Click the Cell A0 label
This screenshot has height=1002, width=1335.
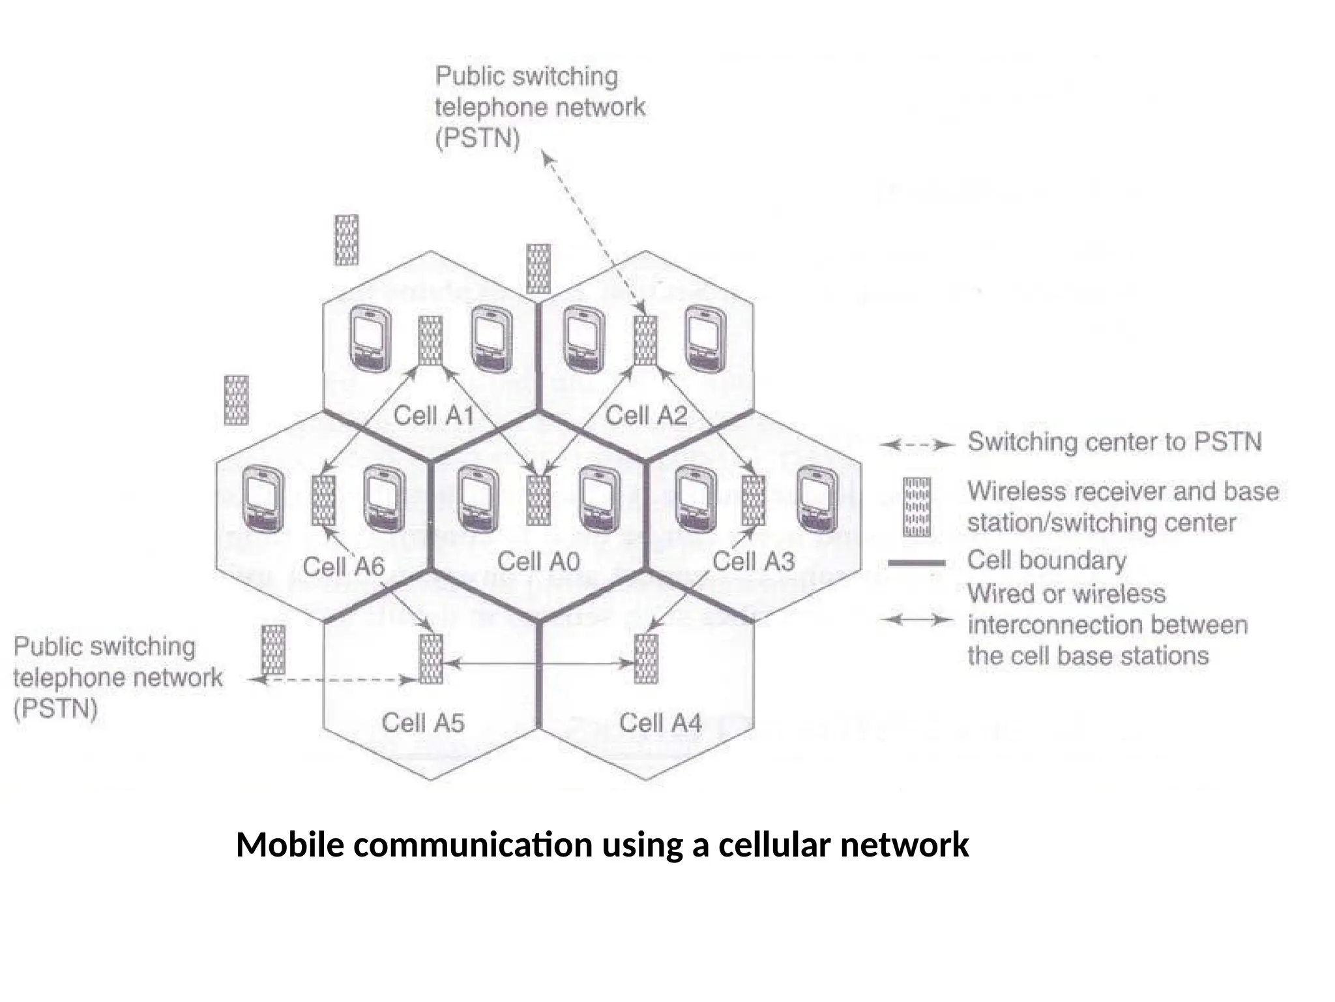point(538,561)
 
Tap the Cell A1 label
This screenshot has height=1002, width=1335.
point(433,416)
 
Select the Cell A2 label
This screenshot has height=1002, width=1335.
point(646,416)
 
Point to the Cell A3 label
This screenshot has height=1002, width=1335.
point(753,561)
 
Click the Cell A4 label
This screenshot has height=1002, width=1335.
point(660,722)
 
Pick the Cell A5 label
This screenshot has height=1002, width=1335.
point(422,722)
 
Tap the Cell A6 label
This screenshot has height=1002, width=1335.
point(344,566)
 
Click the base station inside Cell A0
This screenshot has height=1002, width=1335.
point(538,500)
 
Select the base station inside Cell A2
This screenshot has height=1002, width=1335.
point(645,341)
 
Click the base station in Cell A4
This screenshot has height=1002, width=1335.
point(645,659)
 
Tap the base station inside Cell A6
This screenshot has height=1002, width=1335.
point(323,500)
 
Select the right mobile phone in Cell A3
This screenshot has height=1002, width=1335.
point(817,500)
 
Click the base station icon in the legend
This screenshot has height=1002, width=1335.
point(917,507)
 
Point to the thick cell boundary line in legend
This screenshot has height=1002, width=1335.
point(916,562)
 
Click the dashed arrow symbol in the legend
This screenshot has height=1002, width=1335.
point(917,446)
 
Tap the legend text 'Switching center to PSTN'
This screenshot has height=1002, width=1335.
point(1114,442)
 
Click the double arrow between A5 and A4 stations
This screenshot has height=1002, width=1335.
point(538,664)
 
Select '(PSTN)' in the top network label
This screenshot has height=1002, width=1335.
point(477,138)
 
